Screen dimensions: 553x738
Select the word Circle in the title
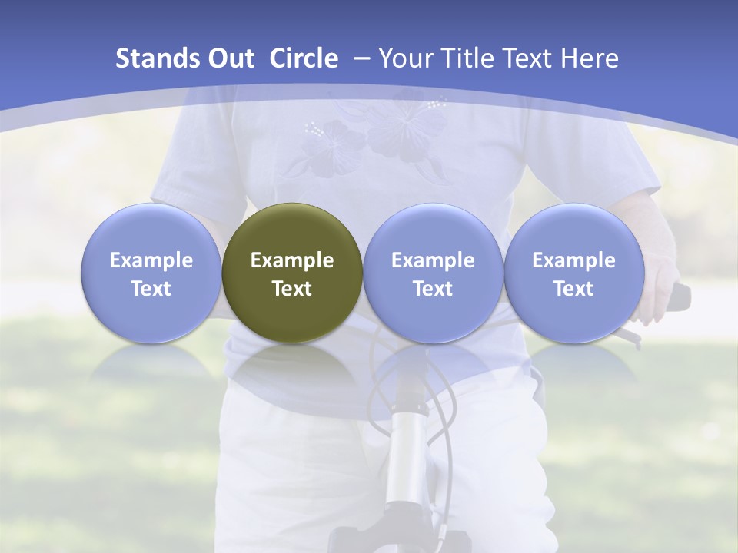click(x=304, y=58)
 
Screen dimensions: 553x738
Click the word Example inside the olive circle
click(x=292, y=260)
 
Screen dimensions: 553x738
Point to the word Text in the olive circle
click(x=292, y=289)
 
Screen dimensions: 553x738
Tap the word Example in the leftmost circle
click(x=151, y=260)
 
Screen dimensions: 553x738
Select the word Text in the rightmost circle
click(x=573, y=289)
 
